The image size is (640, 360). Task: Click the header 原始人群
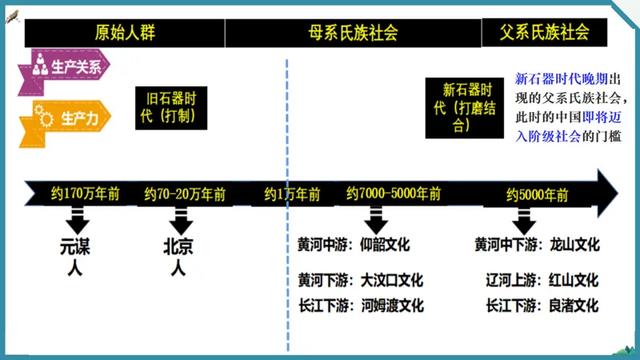[x=124, y=33]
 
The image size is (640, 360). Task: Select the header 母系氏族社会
[x=353, y=33]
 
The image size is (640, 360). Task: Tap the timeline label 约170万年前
[x=85, y=194]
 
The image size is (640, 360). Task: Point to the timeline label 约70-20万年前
[x=185, y=194]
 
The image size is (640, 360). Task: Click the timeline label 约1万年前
[x=292, y=194]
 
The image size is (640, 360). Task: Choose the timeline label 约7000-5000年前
[x=394, y=194]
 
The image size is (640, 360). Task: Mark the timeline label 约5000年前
[x=537, y=194]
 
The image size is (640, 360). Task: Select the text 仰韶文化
[x=385, y=245]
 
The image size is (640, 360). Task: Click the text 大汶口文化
[x=391, y=281]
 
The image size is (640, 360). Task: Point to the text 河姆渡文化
[x=392, y=306]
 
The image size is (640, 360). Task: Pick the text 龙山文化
[x=574, y=245]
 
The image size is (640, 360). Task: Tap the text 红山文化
[x=574, y=281]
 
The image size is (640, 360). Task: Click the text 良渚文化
[x=574, y=306]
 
